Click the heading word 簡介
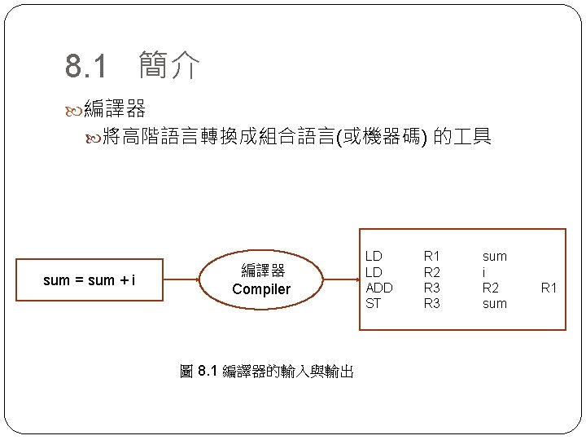pos(168,65)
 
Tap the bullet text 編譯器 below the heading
pos(115,108)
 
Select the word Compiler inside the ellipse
pos(260,289)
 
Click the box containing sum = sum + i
pos(90,280)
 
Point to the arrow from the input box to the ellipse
pos(182,280)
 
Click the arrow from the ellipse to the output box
pos(341,280)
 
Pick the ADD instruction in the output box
pos(379,288)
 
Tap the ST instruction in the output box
pos(373,303)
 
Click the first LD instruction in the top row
pos(374,257)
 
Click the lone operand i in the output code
pos(484,272)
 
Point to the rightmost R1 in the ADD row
pos(549,288)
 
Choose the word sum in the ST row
pos(494,303)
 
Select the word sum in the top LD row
pos(494,257)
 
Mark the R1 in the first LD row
pos(431,257)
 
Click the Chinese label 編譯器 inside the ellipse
pos(262,271)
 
